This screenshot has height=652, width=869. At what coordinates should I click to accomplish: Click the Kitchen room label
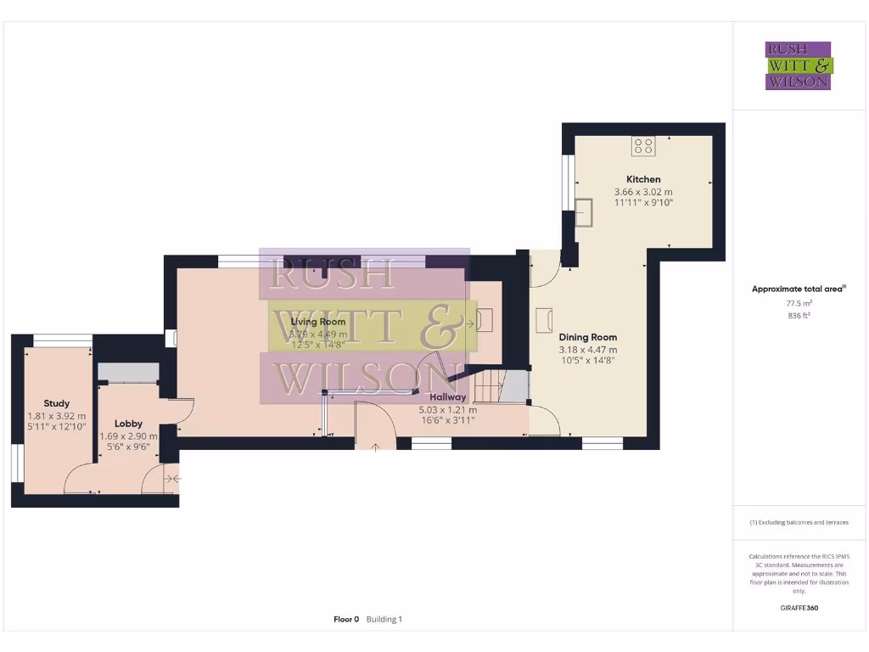[x=643, y=179]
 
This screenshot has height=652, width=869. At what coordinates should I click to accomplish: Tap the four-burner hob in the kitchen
[x=643, y=147]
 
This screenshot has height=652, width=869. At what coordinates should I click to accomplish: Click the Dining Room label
[x=587, y=337]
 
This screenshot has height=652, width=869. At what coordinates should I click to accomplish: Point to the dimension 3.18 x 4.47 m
[x=587, y=349]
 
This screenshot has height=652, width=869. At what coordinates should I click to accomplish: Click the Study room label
[x=57, y=403]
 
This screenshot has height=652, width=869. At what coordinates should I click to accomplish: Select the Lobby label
[x=128, y=424]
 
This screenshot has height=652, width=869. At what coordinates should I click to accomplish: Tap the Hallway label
[x=447, y=396]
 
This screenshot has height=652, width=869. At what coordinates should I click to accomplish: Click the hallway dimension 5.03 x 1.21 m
[x=447, y=408]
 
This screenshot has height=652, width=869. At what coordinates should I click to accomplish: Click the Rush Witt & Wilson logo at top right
[x=799, y=66]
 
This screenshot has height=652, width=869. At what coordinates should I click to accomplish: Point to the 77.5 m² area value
[x=799, y=303]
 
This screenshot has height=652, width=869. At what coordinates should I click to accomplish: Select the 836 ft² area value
[x=799, y=315]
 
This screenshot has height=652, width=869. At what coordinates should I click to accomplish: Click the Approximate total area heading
[x=798, y=289]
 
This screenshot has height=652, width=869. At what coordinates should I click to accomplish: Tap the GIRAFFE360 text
[x=799, y=608]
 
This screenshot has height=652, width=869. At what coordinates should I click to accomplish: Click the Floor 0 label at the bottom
[x=346, y=620]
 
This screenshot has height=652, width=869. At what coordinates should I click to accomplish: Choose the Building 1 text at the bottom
[x=384, y=620]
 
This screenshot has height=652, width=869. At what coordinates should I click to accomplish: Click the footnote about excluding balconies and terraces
[x=799, y=522]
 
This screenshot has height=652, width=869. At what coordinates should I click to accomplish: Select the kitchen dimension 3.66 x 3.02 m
[x=643, y=192]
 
